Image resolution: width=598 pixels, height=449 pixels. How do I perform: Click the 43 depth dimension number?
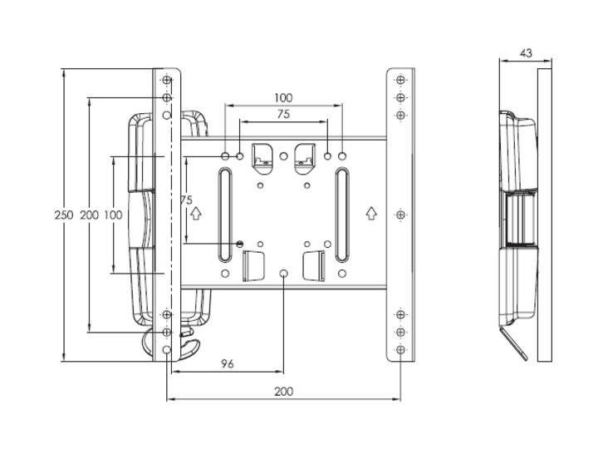tap(525, 53)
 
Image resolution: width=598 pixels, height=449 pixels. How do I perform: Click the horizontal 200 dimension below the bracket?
tap(283, 391)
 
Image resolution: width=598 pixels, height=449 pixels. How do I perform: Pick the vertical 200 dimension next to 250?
tap(89, 215)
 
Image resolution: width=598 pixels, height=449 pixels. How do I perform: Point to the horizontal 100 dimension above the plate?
tap(283, 98)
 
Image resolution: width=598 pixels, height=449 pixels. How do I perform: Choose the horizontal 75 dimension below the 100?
tap(283, 116)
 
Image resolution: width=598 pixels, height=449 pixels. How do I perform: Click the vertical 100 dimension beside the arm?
tap(113, 215)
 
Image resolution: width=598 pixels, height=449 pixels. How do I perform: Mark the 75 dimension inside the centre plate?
tap(186, 200)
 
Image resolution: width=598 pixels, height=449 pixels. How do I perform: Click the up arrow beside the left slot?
tap(196, 213)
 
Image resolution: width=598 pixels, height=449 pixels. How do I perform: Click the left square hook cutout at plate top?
tap(261, 153)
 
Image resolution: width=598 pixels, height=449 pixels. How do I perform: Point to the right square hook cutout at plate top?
tap(305, 153)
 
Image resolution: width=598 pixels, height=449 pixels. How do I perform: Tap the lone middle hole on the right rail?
tap(400, 215)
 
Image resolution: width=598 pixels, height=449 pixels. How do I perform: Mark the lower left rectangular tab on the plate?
tap(252, 267)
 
